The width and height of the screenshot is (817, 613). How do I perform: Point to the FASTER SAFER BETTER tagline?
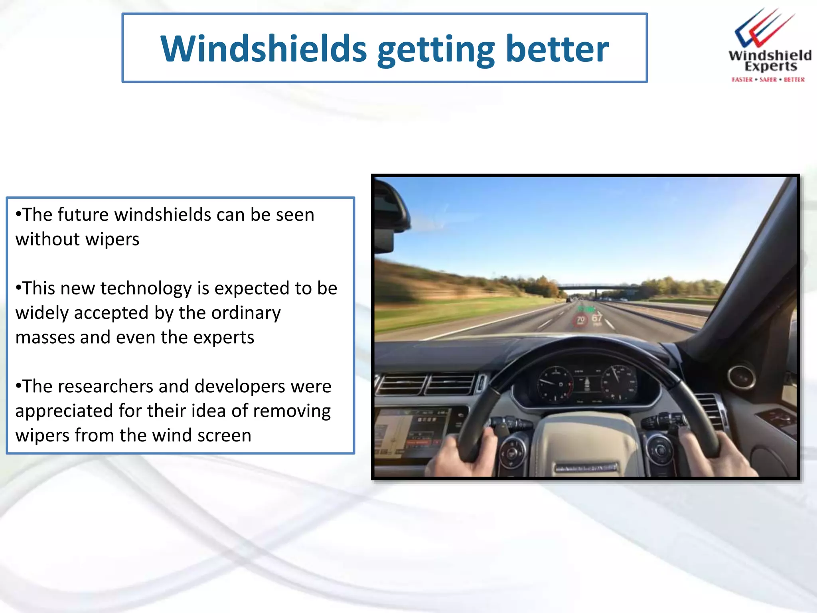point(768,79)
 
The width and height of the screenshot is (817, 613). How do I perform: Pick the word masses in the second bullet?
point(45,338)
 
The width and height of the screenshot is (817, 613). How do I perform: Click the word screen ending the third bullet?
point(224,435)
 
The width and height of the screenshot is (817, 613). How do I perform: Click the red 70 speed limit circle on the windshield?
point(580,320)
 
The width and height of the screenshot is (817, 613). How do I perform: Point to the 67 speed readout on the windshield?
point(597,318)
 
